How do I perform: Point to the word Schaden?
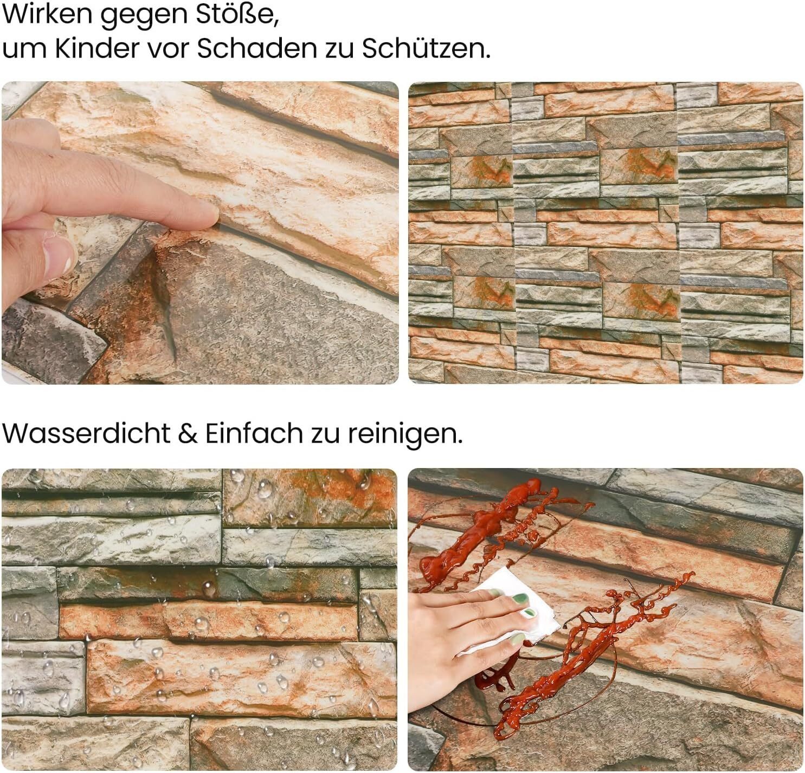click(255, 48)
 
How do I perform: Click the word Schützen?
click(426, 48)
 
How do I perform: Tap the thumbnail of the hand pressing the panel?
click(200, 232)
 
